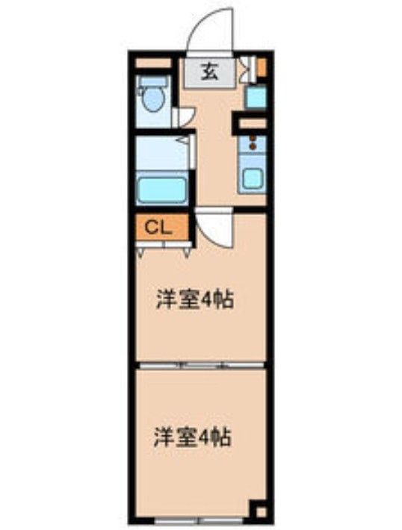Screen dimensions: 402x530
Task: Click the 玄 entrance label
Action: coord(210,72)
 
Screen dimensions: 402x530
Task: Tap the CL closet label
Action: coord(158,228)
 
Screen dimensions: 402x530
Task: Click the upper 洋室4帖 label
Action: coord(194,299)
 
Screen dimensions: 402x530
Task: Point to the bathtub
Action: coord(161,190)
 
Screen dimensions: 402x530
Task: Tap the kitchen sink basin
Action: coord(253,179)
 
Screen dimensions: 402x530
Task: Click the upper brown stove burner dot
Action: coord(253,138)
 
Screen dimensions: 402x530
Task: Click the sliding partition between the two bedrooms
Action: coord(202,365)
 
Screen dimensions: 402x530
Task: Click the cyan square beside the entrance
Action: coord(256,97)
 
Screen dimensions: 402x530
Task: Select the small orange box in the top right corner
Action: coord(262,66)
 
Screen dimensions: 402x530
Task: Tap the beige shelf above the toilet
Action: coord(152,63)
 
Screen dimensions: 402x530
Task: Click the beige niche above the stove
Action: coord(253,123)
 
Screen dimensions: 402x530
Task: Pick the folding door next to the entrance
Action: coord(248,70)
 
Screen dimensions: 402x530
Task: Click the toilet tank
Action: coord(155,81)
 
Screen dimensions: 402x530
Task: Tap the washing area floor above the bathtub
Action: coord(161,153)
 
